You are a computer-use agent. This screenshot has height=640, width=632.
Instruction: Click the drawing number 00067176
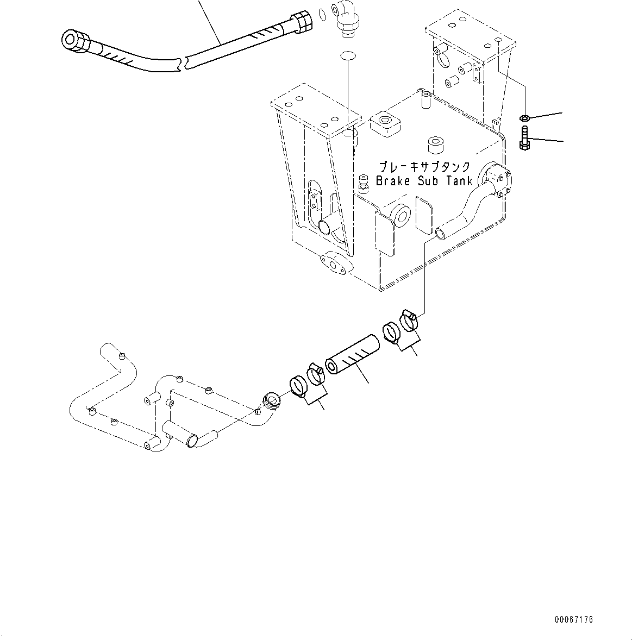click(574, 619)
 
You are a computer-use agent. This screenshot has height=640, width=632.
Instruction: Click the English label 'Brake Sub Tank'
click(424, 181)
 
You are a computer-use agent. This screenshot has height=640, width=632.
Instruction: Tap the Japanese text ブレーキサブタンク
click(424, 167)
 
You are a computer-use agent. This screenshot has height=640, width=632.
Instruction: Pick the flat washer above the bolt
click(525, 118)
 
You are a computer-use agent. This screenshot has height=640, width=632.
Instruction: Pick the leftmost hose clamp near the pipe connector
click(297, 386)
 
